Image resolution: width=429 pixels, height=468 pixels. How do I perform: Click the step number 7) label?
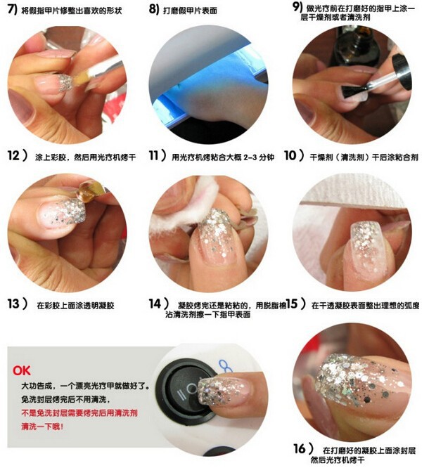coord(13,9)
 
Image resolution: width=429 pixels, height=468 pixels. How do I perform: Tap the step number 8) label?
coord(154,9)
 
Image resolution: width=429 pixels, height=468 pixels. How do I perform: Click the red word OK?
coord(22,371)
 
